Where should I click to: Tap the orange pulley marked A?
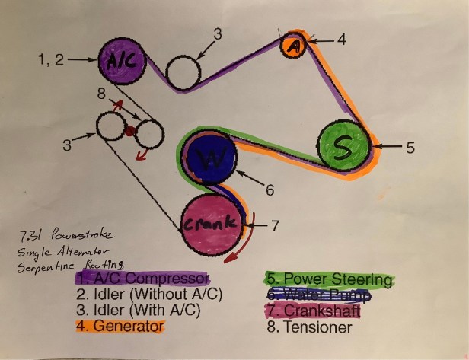coord(295,45)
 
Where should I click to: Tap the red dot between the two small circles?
coord(130,131)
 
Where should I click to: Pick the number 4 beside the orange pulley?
coord(342,40)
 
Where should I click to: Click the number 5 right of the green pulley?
coord(410,148)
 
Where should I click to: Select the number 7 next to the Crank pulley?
coord(276,225)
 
